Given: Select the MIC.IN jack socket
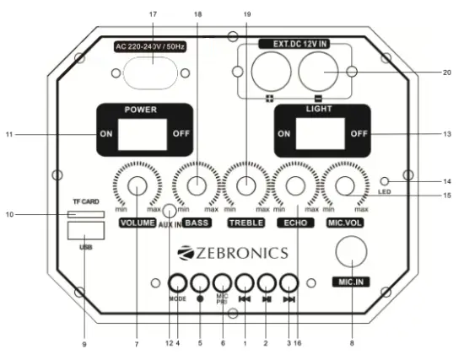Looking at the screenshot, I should coord(350,253).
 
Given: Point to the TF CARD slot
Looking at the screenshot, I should coord(84,215).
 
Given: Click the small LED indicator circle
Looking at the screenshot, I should coord(384,182).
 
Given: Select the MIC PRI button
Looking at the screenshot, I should coord(222,283).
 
